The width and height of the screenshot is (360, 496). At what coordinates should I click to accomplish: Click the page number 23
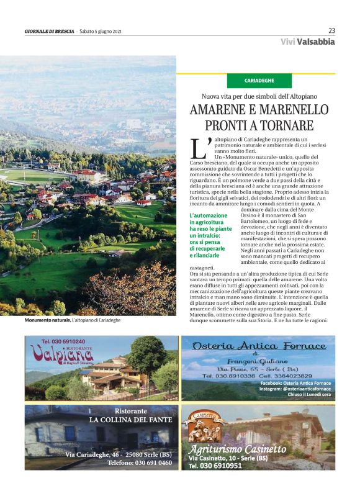click(331, 30)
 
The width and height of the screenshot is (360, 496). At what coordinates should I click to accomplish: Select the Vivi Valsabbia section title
click(307, 42)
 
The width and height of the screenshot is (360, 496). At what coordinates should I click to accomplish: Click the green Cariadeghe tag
click(259, 81)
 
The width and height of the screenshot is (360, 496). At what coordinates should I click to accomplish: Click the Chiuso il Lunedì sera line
click(304, 395)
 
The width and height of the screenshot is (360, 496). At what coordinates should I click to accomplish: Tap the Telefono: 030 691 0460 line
click(139, 462)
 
